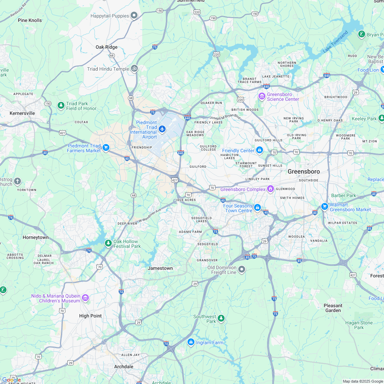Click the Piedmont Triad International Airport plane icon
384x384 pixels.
162,129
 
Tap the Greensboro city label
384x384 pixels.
303,171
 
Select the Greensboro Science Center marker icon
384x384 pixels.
262,96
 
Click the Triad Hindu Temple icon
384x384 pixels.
134,69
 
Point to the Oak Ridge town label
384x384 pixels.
106,47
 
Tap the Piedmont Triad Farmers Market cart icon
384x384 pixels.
106,148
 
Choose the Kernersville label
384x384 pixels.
22,113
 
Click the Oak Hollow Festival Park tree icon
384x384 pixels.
108,243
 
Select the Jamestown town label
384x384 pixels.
160,268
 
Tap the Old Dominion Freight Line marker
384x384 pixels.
242,269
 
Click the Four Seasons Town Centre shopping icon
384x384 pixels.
257,208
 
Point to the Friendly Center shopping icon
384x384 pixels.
260,150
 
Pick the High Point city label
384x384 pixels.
91,316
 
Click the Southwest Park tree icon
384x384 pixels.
221,319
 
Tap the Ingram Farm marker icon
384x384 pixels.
191,342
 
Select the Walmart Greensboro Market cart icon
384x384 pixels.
324,206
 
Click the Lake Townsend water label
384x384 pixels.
335,42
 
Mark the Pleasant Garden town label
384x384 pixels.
333,308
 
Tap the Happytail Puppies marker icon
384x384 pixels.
134,15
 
